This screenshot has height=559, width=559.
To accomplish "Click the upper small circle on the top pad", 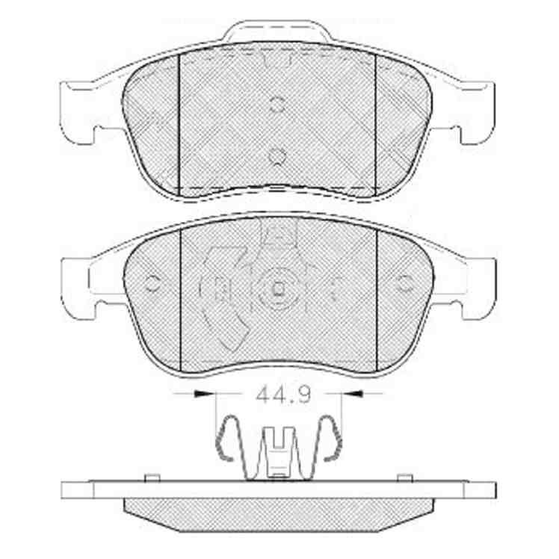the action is pos(277,105).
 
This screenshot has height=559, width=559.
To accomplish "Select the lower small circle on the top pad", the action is pos(277,156).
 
